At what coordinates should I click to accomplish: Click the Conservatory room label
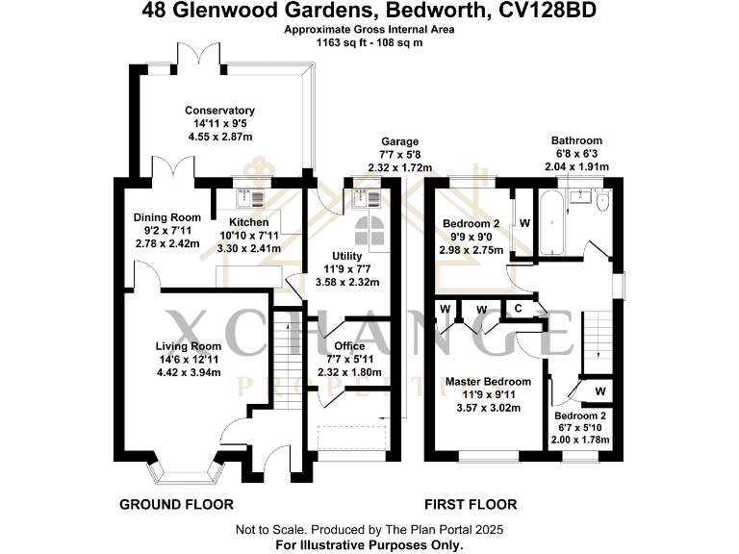tap(219, 111)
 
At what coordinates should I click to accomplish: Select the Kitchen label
tap(247, 222)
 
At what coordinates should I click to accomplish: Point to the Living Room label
tap(189, 346)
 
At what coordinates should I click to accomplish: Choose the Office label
tap(348, 346)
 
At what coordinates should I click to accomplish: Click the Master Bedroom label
tap(488, 382)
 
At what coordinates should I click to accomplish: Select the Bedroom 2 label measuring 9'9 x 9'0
tap(472, 223)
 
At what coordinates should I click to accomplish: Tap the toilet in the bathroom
tap(603, 202)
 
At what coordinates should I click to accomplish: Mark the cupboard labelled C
tap(517, 309)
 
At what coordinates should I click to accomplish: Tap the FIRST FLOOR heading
tap(471, 504)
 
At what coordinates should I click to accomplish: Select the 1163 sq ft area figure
tap(338, 43)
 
